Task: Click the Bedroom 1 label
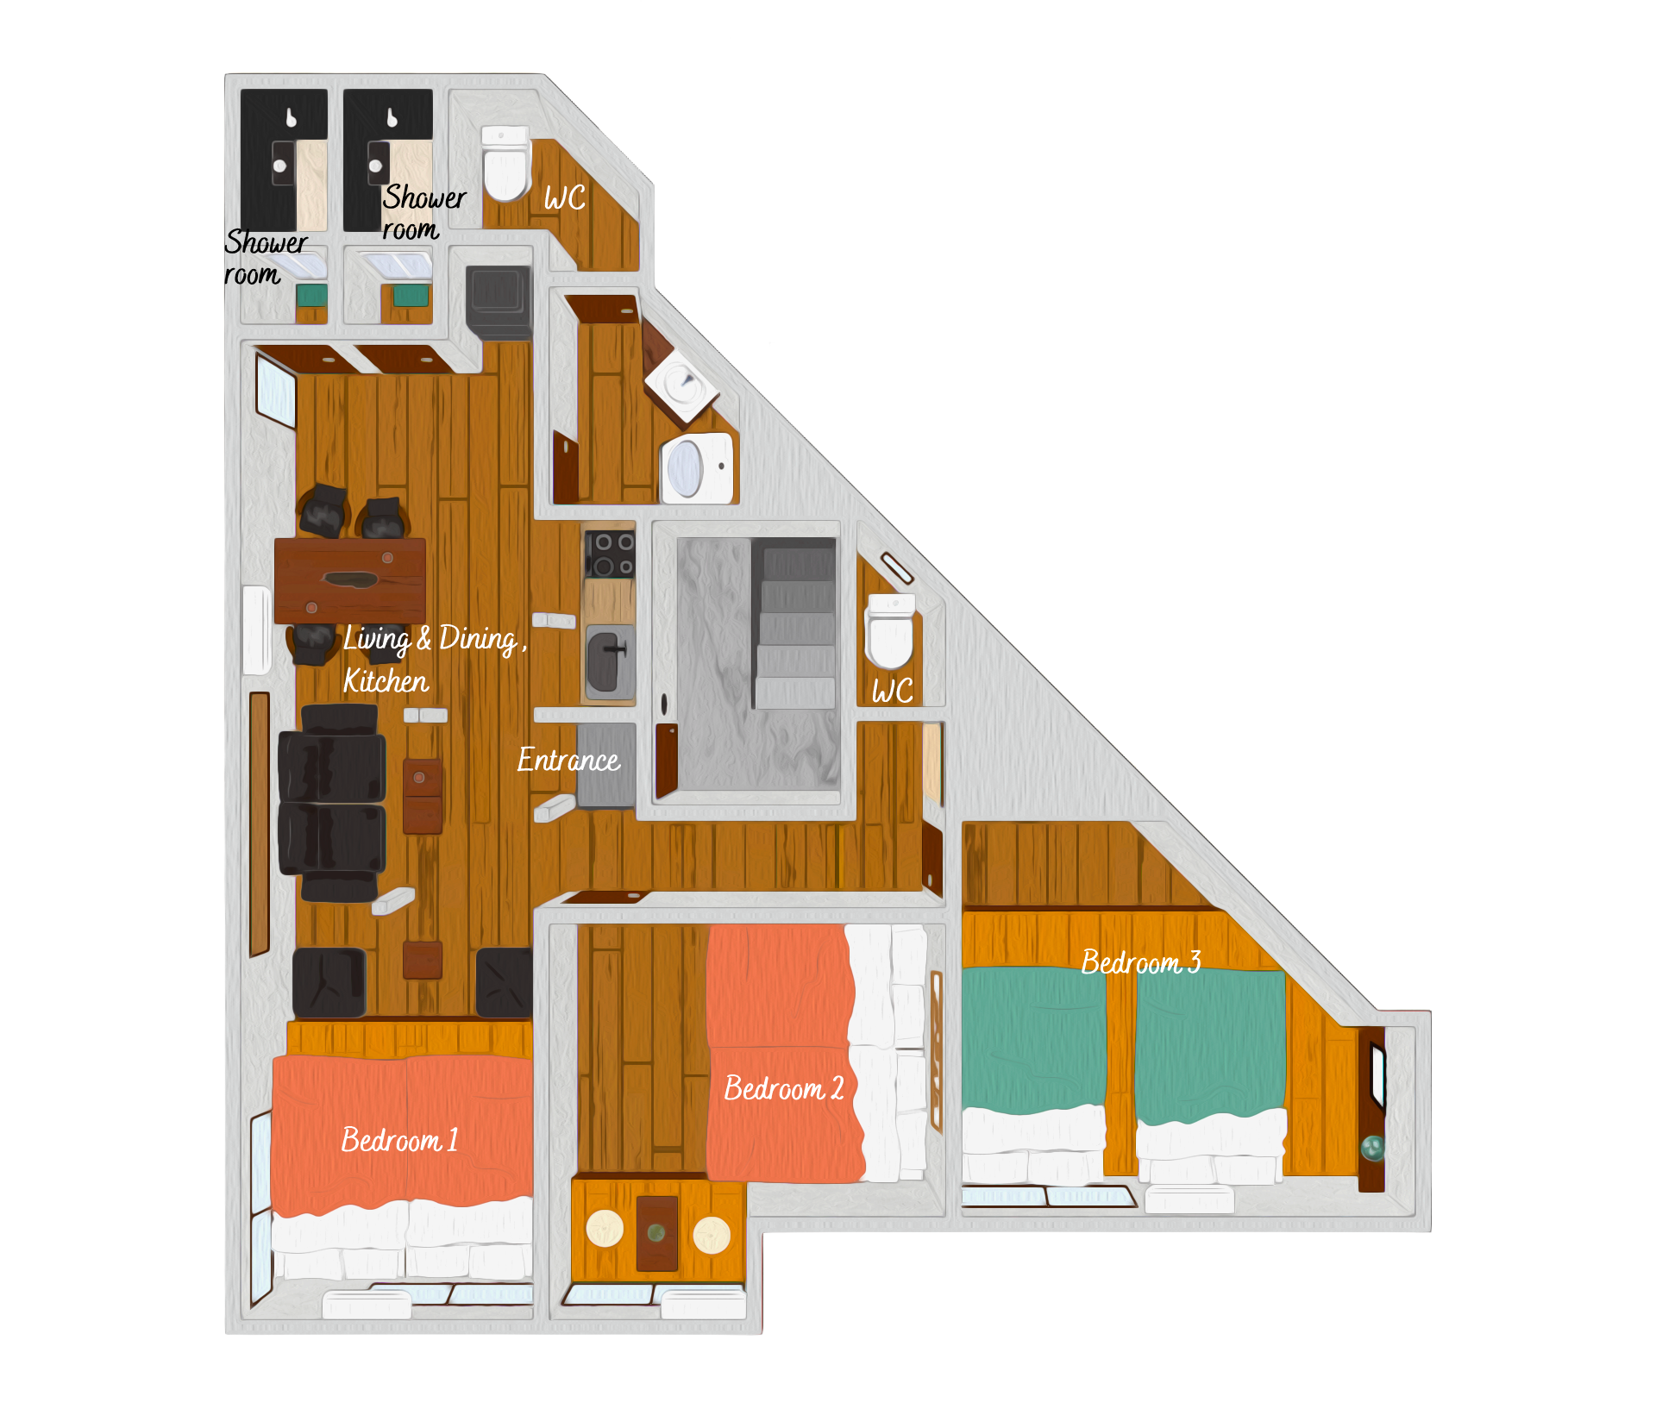pos(399,1140)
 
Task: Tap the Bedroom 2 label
pos(784,1088)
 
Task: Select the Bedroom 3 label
pos(1141,961)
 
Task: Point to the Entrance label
pos(568,760)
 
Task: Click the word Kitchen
pos(386,681)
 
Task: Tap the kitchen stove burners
pos(610,554)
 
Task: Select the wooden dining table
pos(350,580)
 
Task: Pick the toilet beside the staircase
pos(890,631)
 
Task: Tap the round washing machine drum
pos(686,469)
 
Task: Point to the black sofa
pos(332,803)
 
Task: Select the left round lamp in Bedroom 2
pos(605,1229)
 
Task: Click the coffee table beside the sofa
pos(423,796)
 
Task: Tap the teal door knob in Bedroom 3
pos(1372,1148)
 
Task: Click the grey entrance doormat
pos(606,765)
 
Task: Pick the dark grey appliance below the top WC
pos(499,302)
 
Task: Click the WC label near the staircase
pos(892,692)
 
